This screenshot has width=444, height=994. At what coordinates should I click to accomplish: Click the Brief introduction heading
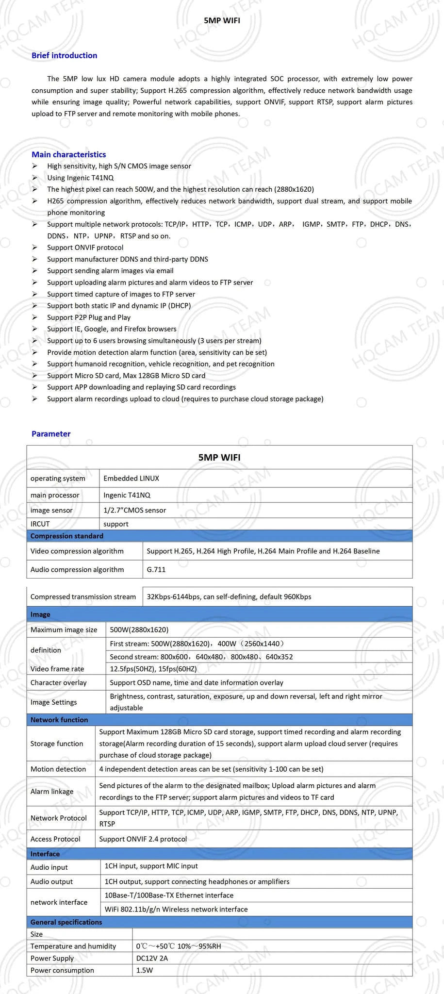coord(64,55)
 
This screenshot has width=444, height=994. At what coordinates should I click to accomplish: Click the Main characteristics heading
coord(68,154)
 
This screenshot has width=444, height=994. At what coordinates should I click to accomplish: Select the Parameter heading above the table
coord(51,434)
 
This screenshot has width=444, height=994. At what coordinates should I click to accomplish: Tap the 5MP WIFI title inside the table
coord(219,457)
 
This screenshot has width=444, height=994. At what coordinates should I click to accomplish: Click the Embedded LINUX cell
coord(131,478)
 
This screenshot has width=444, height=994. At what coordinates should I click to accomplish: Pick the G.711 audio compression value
coord(156,569)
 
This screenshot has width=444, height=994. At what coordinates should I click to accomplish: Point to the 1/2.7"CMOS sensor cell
coord(134,510)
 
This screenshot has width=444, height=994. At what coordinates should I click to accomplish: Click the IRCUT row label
coord(40,524)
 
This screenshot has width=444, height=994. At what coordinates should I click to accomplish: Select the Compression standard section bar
coord(67,536)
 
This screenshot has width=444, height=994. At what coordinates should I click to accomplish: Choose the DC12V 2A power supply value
coord(152,958)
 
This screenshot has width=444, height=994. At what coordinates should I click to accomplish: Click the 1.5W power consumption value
coord(145,970)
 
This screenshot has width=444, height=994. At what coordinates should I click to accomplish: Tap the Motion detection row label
coord(58,769)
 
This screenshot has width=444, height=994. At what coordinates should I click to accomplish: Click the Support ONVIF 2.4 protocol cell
coord(143,839)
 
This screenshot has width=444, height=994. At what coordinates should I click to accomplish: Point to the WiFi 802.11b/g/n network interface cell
coord(176,909)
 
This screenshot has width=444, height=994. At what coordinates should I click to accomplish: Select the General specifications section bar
coord(66,922)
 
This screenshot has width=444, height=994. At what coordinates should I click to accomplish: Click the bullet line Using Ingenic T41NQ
coord(80,178)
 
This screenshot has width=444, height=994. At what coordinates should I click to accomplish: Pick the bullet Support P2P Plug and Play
coord(89,317)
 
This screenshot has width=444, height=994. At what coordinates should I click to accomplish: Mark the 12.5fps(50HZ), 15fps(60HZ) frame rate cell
coord(153,669)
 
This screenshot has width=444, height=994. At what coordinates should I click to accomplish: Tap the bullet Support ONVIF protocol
coord(85,248)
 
